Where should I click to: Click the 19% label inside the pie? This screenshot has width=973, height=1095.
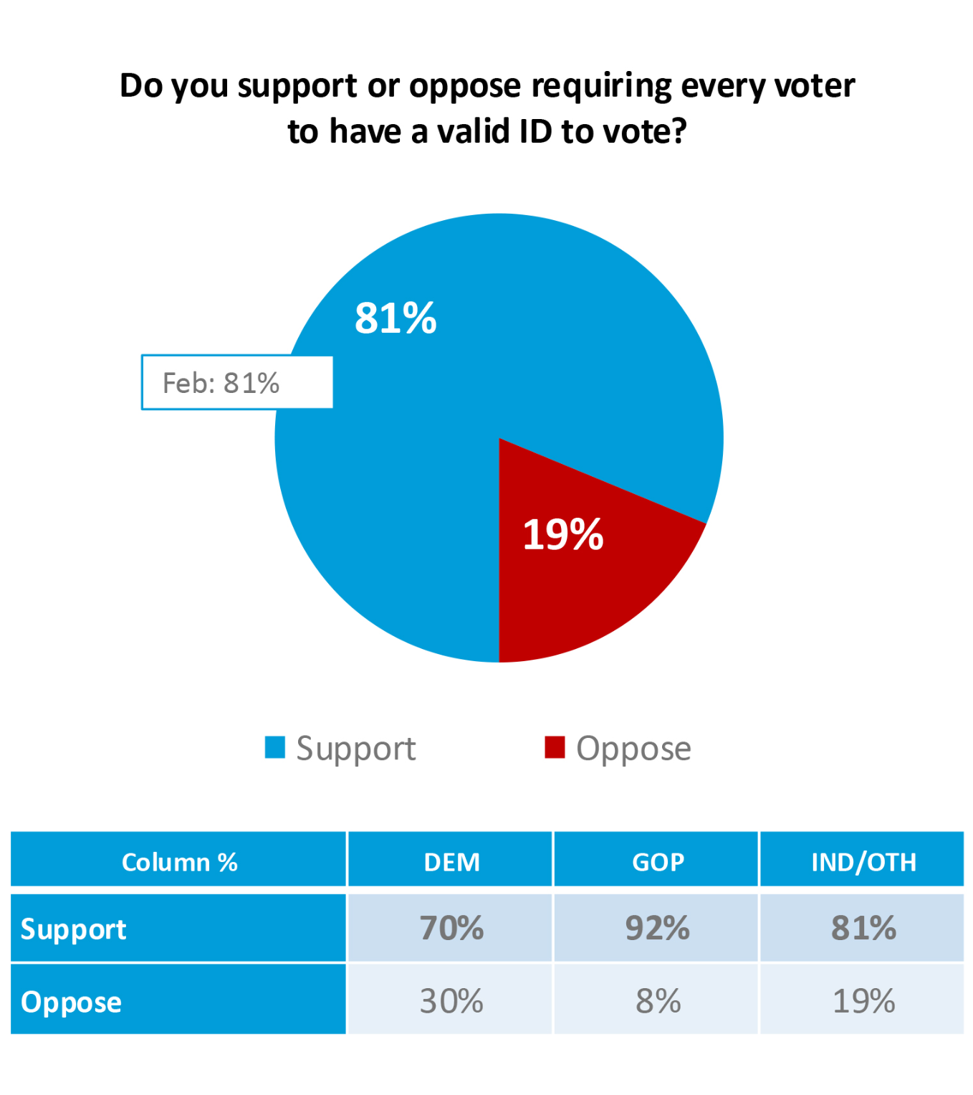click(x=563, y=534)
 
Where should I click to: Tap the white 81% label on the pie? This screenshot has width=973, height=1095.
click(x=396, y=318)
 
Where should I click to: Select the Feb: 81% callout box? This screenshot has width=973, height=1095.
click(x=236, y=383)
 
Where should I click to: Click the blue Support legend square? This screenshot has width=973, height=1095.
click(x=275, y=747)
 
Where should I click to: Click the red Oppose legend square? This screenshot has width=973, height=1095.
click(x=555, y=747)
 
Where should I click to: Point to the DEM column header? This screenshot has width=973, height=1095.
click(x=451, y=861)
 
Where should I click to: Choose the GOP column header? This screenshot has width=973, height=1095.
click(x=658, y=861)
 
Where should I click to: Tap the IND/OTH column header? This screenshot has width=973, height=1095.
click(x=863, y=861)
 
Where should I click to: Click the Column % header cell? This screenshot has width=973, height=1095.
click(x=179, y=861)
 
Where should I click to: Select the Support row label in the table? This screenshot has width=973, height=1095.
click(x=73, y=929)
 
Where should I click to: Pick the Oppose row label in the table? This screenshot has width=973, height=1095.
click(x=71, y=1002)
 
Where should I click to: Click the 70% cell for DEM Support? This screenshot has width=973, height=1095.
click(x=451, y=928)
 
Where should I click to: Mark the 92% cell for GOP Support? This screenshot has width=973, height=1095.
click(x=658, y=928)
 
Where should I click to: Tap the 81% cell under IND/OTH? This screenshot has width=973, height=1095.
click(x=863, y=928)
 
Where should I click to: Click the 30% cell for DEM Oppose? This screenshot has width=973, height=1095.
click(x=451, y=1001)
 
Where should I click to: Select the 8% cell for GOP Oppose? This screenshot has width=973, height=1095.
click(x=658, y=1001)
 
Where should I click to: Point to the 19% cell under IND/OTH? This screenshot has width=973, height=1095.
click(x=863, y=1001)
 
